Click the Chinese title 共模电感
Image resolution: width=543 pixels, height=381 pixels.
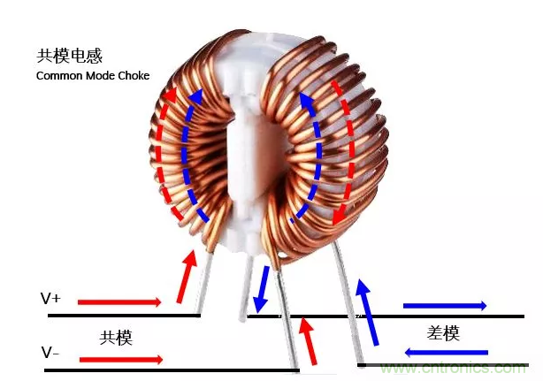pyautogui.click(x=70, y=56)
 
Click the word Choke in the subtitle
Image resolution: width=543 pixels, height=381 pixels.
pyautogui.click(x=131, y=76)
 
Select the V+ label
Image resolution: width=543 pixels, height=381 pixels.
pyautogui.click(x=50, y=299)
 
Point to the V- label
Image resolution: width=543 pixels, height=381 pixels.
pyautogui.click(x=50, y=353)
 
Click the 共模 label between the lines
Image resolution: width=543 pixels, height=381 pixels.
pyautogui.click(x=116, y=338)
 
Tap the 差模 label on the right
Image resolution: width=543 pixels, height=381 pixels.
pyautogui.click(x=443, y=332)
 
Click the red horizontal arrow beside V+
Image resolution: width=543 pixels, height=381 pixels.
pyautogui.click(x=119, y=302)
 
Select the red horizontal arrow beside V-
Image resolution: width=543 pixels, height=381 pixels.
pyautogui.click(x=121, y=359)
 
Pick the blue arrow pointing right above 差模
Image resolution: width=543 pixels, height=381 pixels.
pyautogui.click(x=444, y=306)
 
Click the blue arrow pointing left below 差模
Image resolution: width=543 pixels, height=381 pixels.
pyautogui.click(x=446, y=352)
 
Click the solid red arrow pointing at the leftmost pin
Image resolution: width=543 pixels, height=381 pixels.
pyautogui.click(x=186, y=274)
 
